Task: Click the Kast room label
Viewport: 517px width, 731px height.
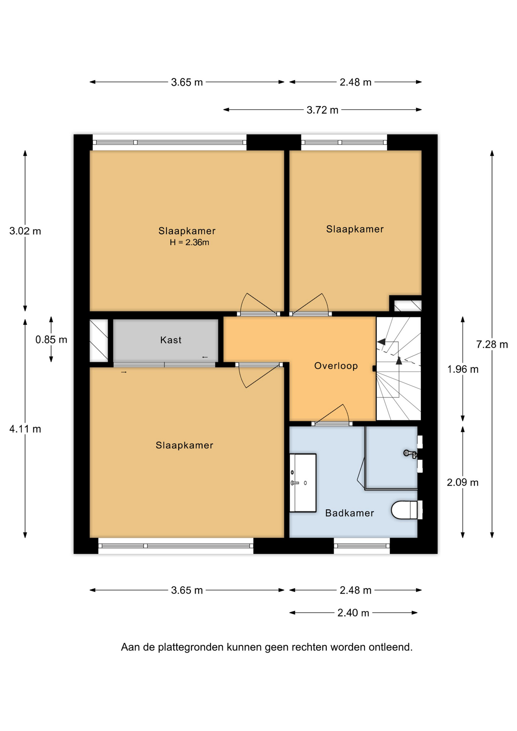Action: click(x=171, y=340)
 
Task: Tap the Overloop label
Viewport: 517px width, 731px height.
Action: click(x=336, y=366)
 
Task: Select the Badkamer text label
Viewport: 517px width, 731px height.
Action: click(x=349, y=513)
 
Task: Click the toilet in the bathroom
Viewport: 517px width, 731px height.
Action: click(x=407, y=510)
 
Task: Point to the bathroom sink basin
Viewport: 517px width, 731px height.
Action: click(x=303, y=483)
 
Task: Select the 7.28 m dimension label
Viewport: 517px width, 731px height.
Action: click(x=492, y=345)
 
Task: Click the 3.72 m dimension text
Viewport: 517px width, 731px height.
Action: click(x=322, y=110)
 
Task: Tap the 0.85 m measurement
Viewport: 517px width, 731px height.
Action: click(x=51, y=340)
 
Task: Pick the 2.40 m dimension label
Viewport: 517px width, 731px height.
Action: click(x=353, y=613)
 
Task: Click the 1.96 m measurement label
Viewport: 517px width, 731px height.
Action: click(x=463, y=369)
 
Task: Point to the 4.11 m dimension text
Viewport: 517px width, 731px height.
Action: click(x=25, y=429)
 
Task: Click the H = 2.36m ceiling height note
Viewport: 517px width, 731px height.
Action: click(x=189, y=243)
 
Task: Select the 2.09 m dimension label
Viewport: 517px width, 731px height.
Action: click(x=463, y=482)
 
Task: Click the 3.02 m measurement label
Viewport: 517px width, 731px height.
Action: click(x=25, y=231)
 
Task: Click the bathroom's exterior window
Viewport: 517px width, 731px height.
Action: click(x=362, y=546)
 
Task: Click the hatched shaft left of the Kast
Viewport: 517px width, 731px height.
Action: click(x=99, y=340)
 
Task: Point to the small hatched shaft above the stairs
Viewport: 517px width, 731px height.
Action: click(x=407, y=306)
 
